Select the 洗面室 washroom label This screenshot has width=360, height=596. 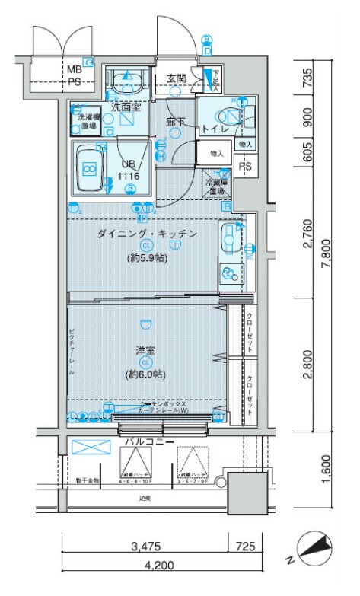point(126,107)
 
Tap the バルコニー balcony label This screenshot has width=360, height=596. point(148,442)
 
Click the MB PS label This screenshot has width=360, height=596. point(74,75)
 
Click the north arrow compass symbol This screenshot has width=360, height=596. point(314,549)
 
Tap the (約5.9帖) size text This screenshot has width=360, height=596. point(147,258)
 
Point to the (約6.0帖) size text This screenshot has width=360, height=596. point(146,374)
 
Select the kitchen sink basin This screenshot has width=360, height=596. point(228,240)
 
